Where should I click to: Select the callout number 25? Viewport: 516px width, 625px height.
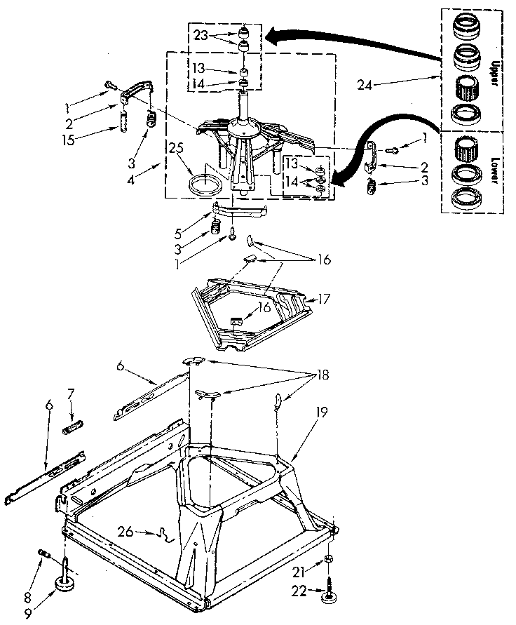(175, 148)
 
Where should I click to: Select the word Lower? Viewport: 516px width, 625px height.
(494, 171)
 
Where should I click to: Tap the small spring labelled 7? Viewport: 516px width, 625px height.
(74, 426)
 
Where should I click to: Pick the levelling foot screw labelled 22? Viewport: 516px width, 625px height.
(328, 586)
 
